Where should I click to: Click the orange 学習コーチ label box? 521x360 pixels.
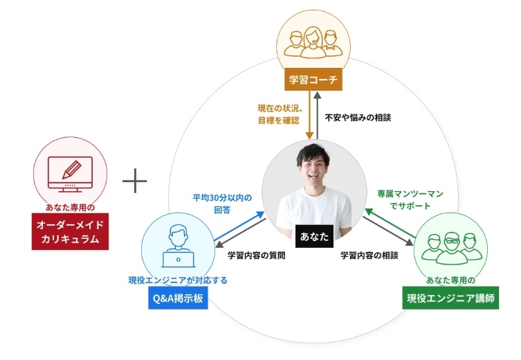(x=313, y=80)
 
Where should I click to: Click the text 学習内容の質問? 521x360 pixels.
(x=257, y=255)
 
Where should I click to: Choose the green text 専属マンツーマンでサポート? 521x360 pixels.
(x=409, y=199)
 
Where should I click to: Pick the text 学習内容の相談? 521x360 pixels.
(x=369, y=255)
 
